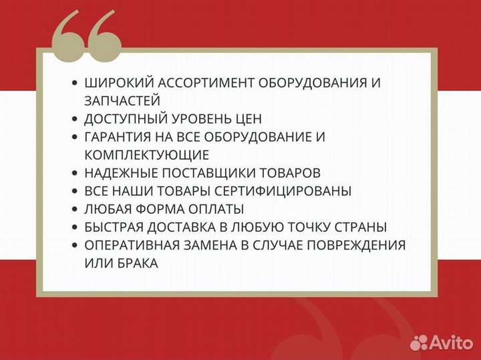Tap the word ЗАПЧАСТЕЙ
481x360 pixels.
[122, 101]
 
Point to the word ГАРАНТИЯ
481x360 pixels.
[118, 137]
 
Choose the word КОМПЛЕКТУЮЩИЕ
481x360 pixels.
[147, 155]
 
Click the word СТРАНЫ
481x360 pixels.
[363, 227]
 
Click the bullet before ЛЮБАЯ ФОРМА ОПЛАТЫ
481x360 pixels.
[75, 209]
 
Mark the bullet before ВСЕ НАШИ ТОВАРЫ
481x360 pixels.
[75, 191]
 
